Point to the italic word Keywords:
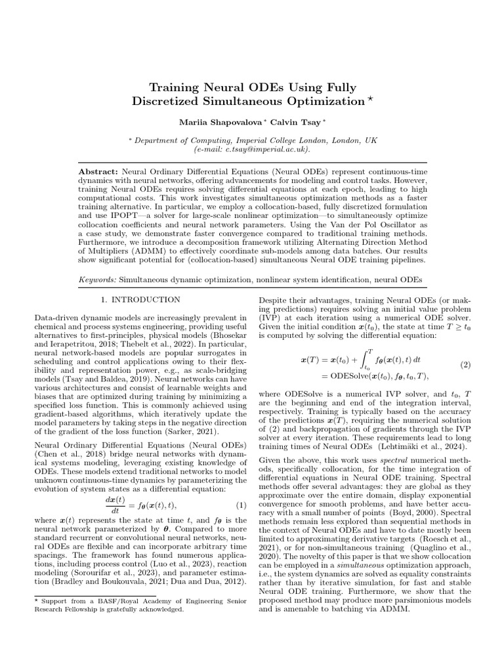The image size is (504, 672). pos(97,279)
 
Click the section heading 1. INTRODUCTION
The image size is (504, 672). pos(140,300)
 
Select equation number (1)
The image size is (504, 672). pos(240,505)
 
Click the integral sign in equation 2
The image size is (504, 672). pos(363,360)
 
